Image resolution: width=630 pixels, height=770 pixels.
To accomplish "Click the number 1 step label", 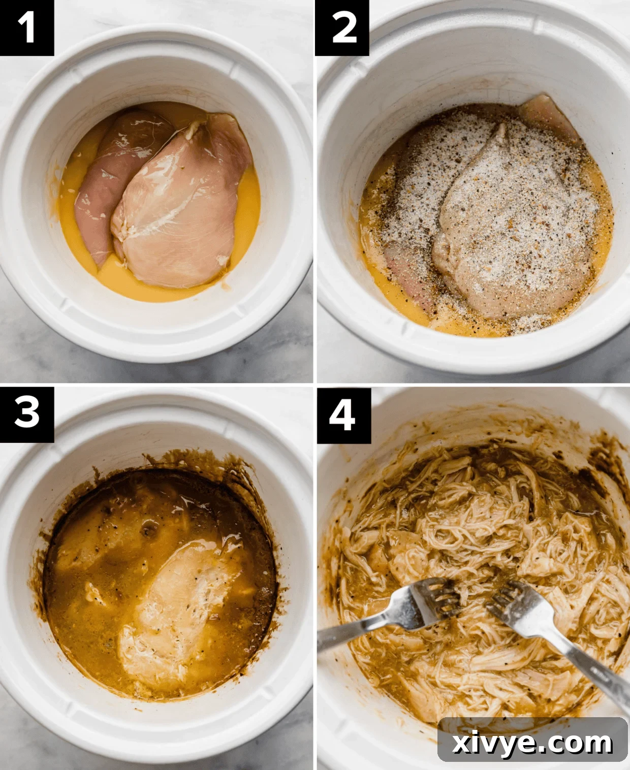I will (26, 27).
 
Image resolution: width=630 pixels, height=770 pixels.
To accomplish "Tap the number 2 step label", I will (342, 27).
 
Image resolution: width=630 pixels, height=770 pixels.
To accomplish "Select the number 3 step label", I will (26, 412).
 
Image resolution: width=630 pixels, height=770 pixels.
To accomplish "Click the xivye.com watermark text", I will (532, 743).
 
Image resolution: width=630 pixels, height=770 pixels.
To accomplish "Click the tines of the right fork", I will (508, 599).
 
